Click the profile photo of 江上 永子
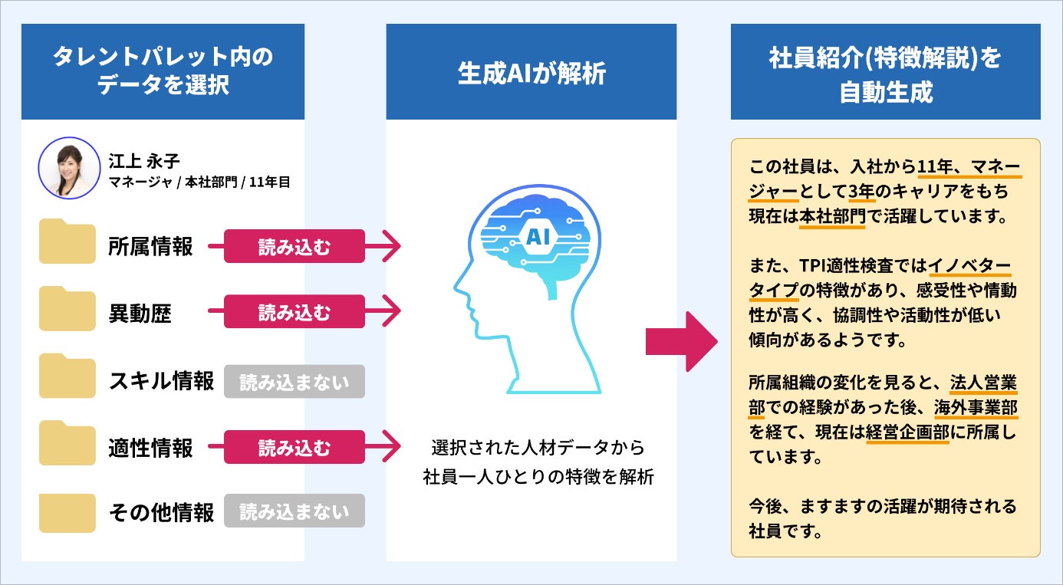click(70, 169)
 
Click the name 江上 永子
click(143, 162)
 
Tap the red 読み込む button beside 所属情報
click(294, 246)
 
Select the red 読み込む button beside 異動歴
click(294, 313)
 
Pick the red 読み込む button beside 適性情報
click(294, 447)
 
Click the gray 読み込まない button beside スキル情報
click(294, 381)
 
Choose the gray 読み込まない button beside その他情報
click(294, 511)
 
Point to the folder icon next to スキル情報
click(67, 377)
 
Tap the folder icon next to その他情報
click(67, 511)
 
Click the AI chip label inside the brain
click(535, 237)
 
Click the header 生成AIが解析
click(531, 74)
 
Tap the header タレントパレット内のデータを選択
click(163, 71)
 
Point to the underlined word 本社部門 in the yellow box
click(831, 216)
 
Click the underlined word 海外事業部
click(975, 406)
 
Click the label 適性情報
click(150, 447)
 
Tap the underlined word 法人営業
click(983, 381)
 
